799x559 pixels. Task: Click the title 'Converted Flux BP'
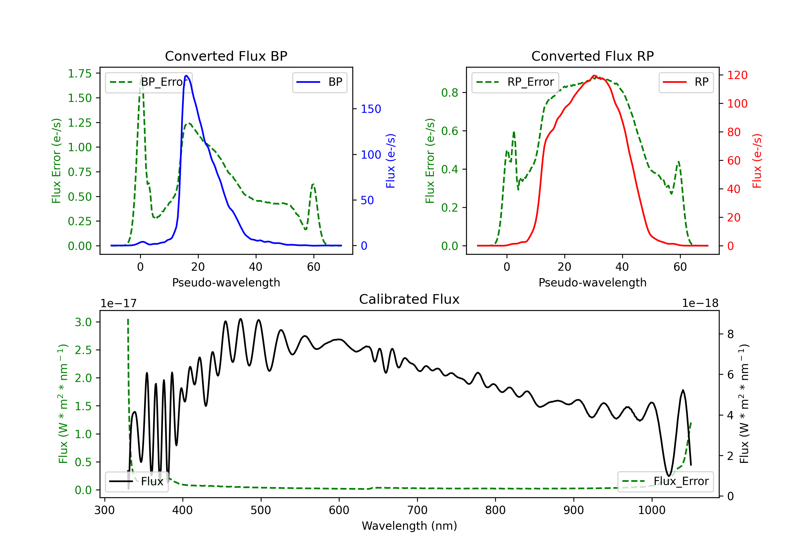[x=226, y=56]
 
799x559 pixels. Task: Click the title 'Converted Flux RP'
[x=592, y=56]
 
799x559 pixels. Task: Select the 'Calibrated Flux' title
[x=409, y=299]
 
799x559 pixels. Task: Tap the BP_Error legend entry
[x=149, y=82]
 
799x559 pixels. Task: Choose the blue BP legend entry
[x=319, y=82]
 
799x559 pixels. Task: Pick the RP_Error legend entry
[x=515, y=82]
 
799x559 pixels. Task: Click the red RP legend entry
[x=686, y=82]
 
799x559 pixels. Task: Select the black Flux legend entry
[x=136, y=482]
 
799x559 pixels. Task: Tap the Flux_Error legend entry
[x=665, y=482]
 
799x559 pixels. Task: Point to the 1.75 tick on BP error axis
[x=80, y=73]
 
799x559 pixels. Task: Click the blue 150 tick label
[x=371, y=109]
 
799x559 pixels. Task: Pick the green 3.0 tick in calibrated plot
[x=83, y=322]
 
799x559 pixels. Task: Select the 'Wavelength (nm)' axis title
[x=409, y=526]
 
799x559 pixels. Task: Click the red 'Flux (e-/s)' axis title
[x=757, y=161]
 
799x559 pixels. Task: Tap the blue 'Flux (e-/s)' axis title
[x=391, y=161]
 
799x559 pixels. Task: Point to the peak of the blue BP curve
[x=186, y=76]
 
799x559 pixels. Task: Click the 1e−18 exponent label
[x=700, y=303]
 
